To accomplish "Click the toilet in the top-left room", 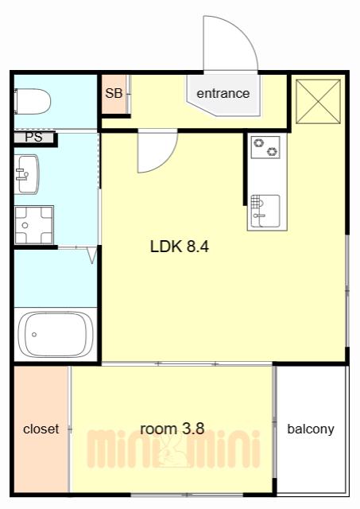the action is pyautogui.click(x=33, y=101).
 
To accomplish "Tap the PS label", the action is pyautogui.click(x=33, y=137).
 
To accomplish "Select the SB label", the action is pyautogui.click(x=114, y=94).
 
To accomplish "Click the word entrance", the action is pyautogui.click(x=223, y=94).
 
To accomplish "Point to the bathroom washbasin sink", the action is pyautogui.click(x=26, y=174).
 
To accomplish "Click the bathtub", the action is pyautogui.click(x=56, y=334).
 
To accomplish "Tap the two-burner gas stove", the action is pyautogui.click(x=265, y=147).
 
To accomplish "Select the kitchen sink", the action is pyautogui.click(x=265, y=211).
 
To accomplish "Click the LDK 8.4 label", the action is pyautogui.click(x=180, y=247).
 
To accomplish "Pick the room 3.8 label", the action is pyautogui.click(x=172, y=429).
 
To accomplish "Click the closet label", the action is pyautogui.click(x=41, y=429).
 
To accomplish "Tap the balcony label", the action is pyautogui.click(x=311, y=429).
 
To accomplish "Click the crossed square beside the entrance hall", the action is pyautogui.click(x=318, y=102).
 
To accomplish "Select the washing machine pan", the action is pyautogui.click(x=33, y=224).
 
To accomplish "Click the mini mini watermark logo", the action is pyautogui.click(x=173, y=449).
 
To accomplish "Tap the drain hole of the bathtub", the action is pyautogui.click(x=34, y=334).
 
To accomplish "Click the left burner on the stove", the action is pyautogui.click(x=258, y=143).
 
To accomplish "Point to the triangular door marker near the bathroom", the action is pyautogui.click(x=93, y=255).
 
